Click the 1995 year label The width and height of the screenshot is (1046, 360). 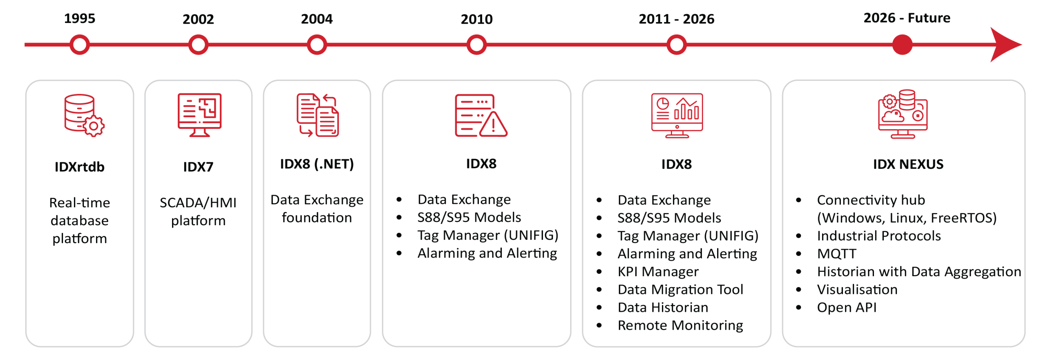[x=79, y=18]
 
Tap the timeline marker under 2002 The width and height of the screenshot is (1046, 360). [x=198, y=45]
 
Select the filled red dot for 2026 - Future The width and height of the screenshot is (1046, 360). [x=902, y=45]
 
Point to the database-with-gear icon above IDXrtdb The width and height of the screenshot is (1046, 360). [x=84, y=115]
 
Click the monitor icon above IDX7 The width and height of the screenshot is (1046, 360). [x=199, y=115]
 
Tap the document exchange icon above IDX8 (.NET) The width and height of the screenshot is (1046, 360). [x=317, y=115]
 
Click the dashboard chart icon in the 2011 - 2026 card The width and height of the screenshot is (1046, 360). [x=677, y=116]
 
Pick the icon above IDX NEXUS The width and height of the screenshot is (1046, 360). [x=903, y=114]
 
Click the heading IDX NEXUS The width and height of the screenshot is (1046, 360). [x=908, y=164]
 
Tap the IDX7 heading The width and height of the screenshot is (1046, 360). [x=198, y=167]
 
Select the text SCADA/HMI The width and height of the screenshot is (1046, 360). [x=198, y=203]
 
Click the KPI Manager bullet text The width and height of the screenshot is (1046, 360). [x=658, y=272]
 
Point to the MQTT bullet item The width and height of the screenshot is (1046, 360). [x=836, y=254]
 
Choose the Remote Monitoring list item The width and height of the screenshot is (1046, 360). [x=680, y=325]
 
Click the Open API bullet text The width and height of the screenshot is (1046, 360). [x=847, y=307]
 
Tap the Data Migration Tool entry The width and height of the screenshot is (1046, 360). [x=680, y=289]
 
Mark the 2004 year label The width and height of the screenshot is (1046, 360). [x=317, y=19]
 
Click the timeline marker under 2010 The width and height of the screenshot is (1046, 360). [x=476, y=45]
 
